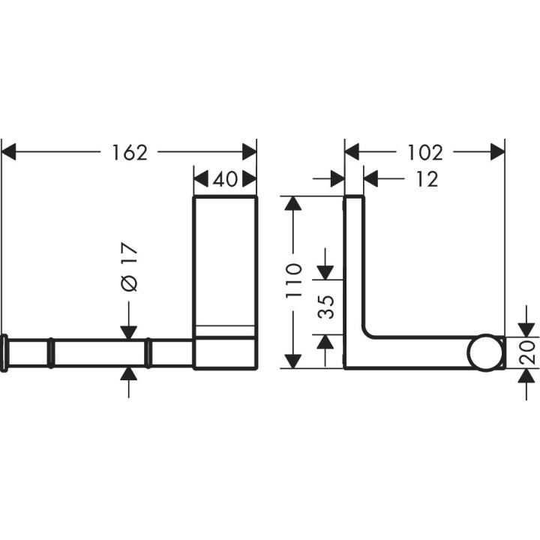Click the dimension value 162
coord(130,152)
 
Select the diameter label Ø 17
coord(129,268)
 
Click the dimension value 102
coord(427,152)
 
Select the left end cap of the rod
coord(5,353)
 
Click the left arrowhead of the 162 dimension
coord(9,152)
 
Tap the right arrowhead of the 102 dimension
coord(497,152)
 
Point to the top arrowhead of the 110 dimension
coord(294,204)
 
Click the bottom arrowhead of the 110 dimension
coord(294,361)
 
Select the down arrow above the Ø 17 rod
coord(129,331)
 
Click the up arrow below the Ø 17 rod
coord(129,375)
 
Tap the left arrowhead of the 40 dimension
coord(200,180)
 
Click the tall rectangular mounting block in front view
coord(225,281)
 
